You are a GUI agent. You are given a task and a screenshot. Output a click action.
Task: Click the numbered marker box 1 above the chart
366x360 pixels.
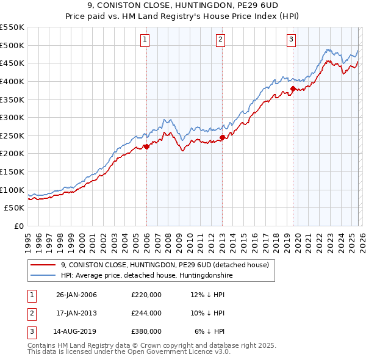click(x=145, y=40)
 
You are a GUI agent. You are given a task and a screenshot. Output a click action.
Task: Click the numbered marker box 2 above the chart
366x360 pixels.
click(x=220, y=40)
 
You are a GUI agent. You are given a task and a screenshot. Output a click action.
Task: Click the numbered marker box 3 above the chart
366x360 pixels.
click(x=291, y=40)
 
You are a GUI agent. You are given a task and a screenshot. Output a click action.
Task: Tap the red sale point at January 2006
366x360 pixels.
click(x=147, y=146)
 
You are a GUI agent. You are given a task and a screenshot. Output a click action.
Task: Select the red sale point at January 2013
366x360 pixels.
click(x=223, y=137)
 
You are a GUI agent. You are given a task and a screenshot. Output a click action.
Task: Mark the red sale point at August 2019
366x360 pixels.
click(x=293, y=89)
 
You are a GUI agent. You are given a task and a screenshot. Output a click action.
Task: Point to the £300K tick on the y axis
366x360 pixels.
click(x=12, y=117)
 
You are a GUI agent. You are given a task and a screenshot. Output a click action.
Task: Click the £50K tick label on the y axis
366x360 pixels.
click(x=15, y=208)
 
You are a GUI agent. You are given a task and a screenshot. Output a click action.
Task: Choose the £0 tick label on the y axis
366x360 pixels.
click(x=19, y=226)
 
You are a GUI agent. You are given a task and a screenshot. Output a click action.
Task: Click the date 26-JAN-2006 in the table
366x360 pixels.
click(x=76, y=295)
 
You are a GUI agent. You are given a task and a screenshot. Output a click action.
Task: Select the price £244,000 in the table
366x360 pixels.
click(x=146, y=313)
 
